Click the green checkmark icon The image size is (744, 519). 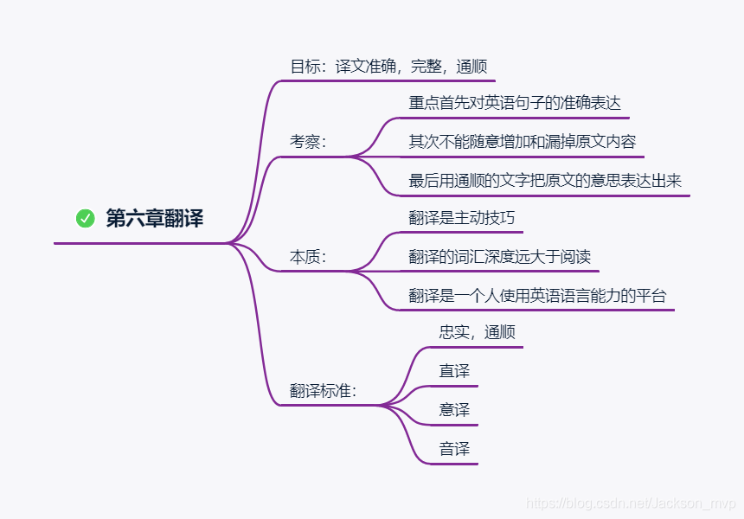pyautogui.click(x=85, y=219)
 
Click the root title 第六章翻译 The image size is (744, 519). pyautogui.click(x=154, y=219)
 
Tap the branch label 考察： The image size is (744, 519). pyautogui.click(x=308, y=142)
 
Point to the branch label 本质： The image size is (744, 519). pyautogui.click(x=308, y=257)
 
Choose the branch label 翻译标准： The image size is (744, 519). pyautogui.click(x=323, y=390)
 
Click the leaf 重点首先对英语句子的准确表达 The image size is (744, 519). pyautogui.click(x=515, y=103)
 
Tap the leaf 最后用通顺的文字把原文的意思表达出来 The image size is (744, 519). pyautogui.click(x=545, y=181)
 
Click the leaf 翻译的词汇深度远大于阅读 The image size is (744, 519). pyautogui.click(x=499, y=257)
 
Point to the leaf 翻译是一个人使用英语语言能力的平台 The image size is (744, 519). pyautogui.click(x=537, y=296)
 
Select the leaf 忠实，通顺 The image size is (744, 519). pyautogui.click(x=478, y=332)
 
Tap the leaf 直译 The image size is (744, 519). pyautogui.click(x=454, y=371)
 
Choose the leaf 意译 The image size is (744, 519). pyautogui.click(x=454, y=410)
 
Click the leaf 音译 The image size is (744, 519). pyautogui.click(x=454, y=449)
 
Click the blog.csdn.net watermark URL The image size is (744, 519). pyautogui.click(x=631, y=503)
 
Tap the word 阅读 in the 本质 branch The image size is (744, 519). pyautogui.click(x=575, y=257)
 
